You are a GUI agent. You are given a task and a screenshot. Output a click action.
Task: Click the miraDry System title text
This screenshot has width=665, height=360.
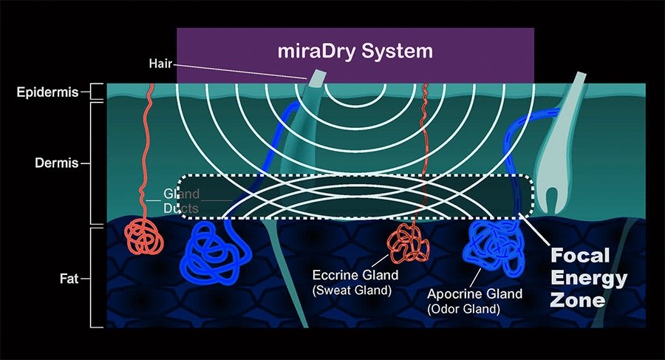click(x=355, y=51)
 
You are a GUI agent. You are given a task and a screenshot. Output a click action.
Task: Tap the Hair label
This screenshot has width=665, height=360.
click(x=160, y=64)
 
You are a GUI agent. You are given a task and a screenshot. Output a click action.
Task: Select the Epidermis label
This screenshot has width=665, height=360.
click(x=47, y=92)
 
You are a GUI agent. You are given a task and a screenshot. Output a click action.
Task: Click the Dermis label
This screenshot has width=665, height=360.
click(x=56, y=163)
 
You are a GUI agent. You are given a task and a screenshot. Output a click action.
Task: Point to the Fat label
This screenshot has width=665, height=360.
click(x=69, y=279)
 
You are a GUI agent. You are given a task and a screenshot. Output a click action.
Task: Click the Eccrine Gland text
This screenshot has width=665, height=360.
click(x=355, y=275)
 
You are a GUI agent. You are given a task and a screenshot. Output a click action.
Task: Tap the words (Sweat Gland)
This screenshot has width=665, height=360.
click(x=352, y=291)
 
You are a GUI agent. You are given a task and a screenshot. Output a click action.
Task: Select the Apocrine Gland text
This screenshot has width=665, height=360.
click(x=474, y=293)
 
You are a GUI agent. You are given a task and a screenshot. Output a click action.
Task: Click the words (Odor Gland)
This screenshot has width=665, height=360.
click(x=463, y=309)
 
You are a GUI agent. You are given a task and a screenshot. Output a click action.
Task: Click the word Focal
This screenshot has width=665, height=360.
click(x=580, y=256)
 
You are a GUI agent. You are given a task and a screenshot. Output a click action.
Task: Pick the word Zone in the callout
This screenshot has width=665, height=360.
click(x=578, y=300)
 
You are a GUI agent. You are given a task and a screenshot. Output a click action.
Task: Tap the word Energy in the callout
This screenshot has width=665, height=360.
click(x=589, y=279)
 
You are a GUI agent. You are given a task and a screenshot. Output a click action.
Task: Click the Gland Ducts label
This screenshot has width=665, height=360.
click(x=182, y=201)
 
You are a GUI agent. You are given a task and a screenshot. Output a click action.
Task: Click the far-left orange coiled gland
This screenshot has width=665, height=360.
click(x=144, y=237)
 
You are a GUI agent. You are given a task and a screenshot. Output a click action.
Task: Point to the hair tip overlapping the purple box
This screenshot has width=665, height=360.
click(x=317, y=78)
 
